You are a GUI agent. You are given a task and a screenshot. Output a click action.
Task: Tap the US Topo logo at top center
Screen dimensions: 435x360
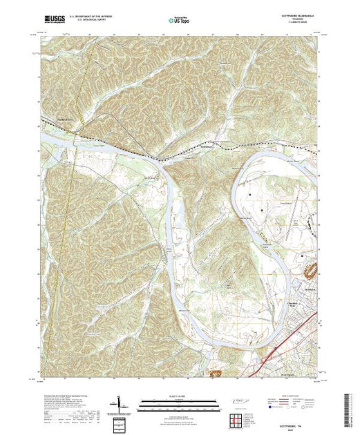[180, 20]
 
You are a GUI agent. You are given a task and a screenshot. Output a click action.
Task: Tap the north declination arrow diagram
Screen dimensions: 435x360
[119, 403]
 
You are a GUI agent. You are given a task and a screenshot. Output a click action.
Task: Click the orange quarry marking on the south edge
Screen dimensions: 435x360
[217, 374]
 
